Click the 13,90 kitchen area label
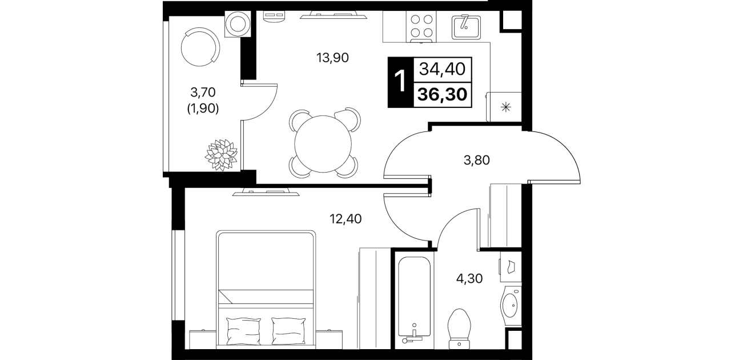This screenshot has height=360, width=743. click(332, 58)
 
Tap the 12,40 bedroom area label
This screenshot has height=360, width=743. click(346, 219)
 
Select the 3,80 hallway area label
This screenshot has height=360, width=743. click(477, 161)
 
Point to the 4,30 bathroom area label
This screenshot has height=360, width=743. click(469, 279)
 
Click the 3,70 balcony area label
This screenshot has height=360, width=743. click(203, 92)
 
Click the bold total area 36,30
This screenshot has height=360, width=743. click(443, 94)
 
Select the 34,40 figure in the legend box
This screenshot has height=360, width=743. click(443, 69)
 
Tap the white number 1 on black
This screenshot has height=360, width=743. click(400, 82)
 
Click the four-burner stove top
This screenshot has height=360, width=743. click(421, 26)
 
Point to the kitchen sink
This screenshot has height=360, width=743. click(466, 27)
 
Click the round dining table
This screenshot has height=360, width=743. click(323, 143)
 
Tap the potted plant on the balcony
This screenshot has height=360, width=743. click(221, 155)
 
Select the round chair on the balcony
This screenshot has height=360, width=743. click(200, 47)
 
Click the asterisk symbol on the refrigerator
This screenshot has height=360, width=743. click(506, 107)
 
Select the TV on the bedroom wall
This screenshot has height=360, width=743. click(266, 192)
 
